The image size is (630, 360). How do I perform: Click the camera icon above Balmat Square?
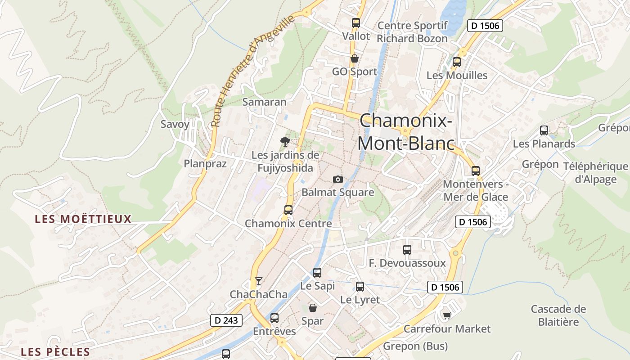click(x=337, y=180)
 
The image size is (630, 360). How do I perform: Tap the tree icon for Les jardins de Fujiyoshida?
click(x=285, y=142)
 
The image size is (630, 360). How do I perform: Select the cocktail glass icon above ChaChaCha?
click(x=258, y=281)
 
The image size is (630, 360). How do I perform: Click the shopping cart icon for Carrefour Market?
click(x=447, y=315)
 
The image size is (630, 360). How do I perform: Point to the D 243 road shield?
click(x=226, y=320)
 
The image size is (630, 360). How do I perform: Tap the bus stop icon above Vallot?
click(x=356, y=23)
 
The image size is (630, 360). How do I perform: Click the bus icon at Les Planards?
click(x=544, y=130)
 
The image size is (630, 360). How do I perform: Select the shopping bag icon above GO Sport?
click(x=355, y=58)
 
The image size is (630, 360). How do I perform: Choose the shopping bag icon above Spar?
click(x=313, y=308)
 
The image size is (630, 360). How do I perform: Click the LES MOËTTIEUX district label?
click(x=83, y=219)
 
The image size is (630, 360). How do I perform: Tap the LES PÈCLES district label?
click(x=55, y=351)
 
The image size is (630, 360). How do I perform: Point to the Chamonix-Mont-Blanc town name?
click(x=406, y=132)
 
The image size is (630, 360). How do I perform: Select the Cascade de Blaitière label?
click(x=558, y=315)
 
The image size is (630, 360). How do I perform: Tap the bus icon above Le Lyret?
click(x=360, y=287)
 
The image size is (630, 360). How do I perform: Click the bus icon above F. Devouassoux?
click(x=407, y=250)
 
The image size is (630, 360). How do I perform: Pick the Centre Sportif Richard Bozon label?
click(x=412, y=32)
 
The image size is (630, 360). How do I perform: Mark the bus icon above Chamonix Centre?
click(x=288, y=210)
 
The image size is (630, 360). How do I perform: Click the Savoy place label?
click(x=175, y=124)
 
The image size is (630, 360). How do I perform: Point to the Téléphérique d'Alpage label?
click(x=595, y=173)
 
